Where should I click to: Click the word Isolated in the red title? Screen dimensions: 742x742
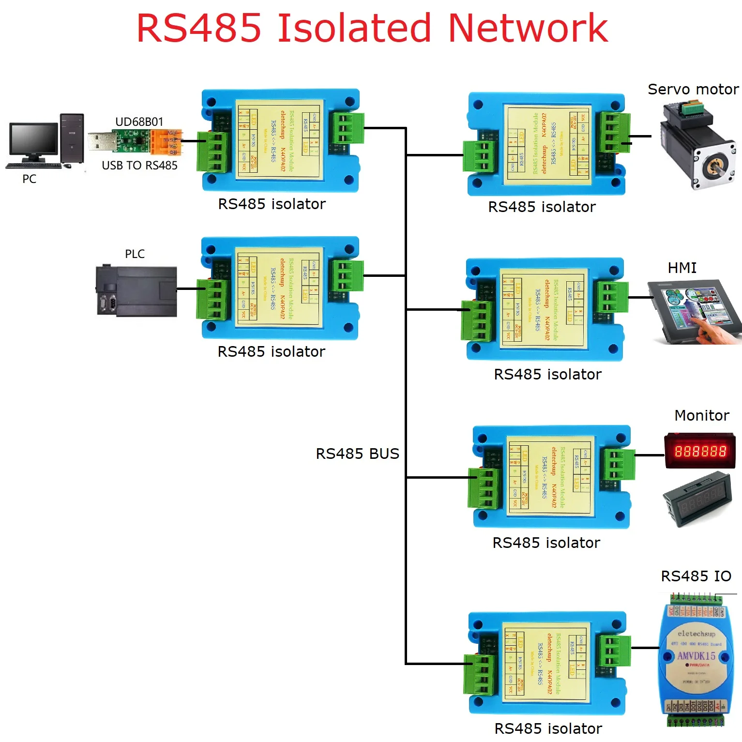pyautogui.click(x=353, y=28)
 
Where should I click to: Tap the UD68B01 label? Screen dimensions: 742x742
pyautogui.click(x=139, y=121)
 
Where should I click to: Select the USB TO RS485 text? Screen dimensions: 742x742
pyautogui.click(x=139, y=166)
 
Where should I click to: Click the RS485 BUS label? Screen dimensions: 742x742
pyautogui.click(x=357, y=454)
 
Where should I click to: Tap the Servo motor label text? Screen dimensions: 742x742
pyautogui.click(x=693, y=90)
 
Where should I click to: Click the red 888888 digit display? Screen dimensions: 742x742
pyautogui.click(x=700, y=451)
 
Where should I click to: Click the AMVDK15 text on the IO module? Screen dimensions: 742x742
pyautogui.click(x=696, y=656)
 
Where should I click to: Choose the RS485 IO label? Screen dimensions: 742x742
pyautogui.click(x=696, y=576)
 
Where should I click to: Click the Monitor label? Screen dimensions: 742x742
pyautogui.click(x=701, y=415)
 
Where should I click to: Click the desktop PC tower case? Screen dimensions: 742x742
pyautogui.click(x=72, y=138)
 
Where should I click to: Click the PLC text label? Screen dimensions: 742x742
pyautogui.click(x=135, y=254)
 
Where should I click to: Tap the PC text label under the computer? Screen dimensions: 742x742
pyautogui.click(x=29, y=179)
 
